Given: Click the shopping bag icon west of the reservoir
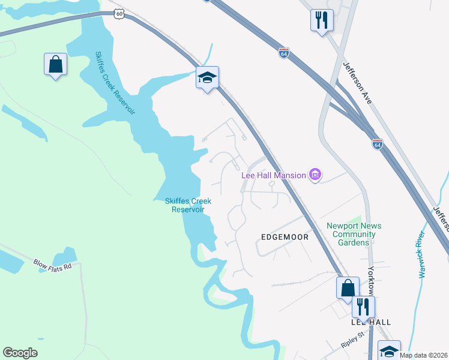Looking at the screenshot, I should coord(55,64).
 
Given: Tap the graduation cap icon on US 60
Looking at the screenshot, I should coord(207,77).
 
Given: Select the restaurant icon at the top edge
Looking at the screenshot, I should coord(322,20).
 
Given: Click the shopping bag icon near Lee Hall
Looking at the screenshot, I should coord(348,288).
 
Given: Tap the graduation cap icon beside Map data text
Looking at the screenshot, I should coord(388,350).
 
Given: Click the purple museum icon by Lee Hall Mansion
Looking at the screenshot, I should coord(315,175).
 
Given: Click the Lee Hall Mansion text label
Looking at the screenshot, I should coord(273,175).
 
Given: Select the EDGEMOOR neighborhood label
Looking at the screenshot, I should coord(285,237).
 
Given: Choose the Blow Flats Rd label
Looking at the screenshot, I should coord(52,266).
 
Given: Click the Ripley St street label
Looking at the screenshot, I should coord(352,340).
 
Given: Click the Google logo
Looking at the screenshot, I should coord(20,352).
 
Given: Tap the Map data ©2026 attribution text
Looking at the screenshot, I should coord(424,355).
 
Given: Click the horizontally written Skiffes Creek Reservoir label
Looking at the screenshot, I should coord(188,205).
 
